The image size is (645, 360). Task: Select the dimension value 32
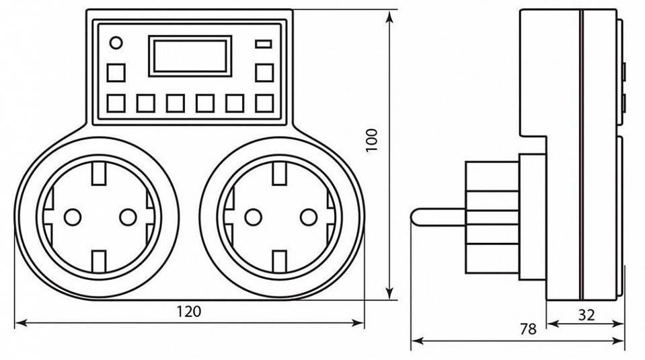[586, 314]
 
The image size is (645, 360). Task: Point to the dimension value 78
[528, 329]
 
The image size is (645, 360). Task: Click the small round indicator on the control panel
[116, 44]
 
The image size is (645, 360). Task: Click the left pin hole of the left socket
[71, 217]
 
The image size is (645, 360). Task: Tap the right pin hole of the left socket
[127, 217]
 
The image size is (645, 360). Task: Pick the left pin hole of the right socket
[252, 217]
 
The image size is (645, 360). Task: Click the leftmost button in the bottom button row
[116, 103]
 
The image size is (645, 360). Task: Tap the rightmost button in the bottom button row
[264, 103]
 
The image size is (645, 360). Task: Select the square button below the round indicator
[116, 73]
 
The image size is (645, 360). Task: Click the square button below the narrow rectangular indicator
[264, 73]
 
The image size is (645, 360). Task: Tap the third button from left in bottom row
[176, 103]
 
